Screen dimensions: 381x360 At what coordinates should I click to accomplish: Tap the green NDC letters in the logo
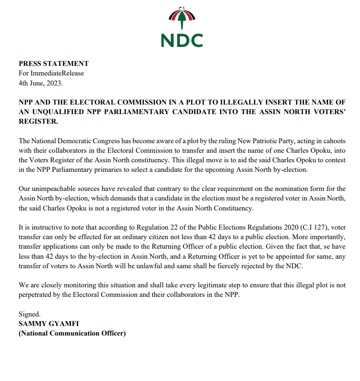(182, 40)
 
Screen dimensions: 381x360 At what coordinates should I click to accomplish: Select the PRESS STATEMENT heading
(54, 64)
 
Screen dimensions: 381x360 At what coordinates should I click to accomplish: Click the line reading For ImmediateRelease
(51, 74)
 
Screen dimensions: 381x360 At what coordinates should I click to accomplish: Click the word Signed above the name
(29, 314)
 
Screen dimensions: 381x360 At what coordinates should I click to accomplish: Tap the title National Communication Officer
(72, 333)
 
